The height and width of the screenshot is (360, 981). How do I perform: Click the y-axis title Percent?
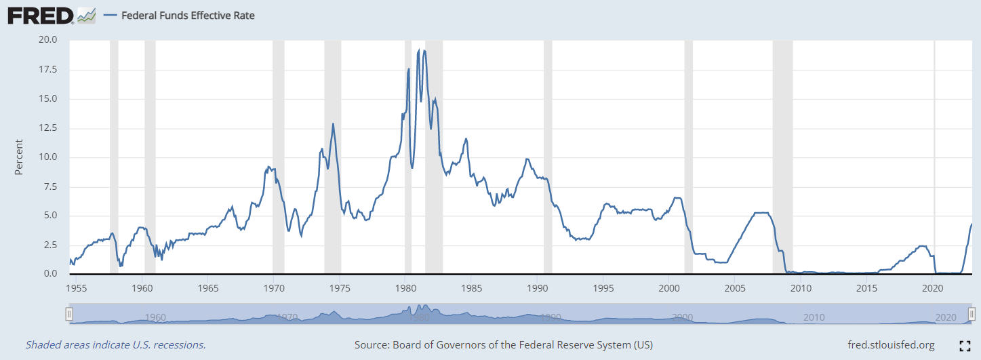pos(19,157)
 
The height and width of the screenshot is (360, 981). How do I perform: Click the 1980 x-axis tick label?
pos(405,287)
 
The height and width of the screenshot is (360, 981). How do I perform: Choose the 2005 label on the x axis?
pos(735,287)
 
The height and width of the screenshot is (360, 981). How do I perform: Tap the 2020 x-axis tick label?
pos(933,287)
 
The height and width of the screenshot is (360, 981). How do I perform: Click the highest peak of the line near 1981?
pos(424,50)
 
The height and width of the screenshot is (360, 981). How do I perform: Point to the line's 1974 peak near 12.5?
pos(333,123)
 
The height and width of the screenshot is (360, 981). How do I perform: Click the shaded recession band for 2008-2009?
pos(782,156)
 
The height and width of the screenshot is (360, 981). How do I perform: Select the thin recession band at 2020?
pos(935,156)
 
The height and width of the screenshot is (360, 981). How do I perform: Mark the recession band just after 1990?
pos(548,156)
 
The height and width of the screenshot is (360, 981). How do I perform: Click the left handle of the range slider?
pos(68,314)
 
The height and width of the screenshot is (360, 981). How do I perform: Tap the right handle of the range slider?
pos(972,314)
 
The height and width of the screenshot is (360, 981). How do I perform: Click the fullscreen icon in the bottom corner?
pos(965,346)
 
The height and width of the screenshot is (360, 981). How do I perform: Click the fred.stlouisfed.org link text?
pos(891,345)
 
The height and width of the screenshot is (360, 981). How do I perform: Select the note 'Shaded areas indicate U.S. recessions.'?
pos(116,345)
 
